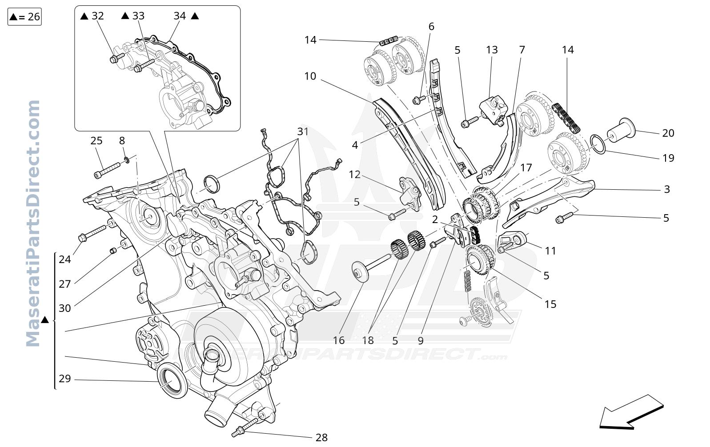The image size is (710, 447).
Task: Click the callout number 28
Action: point(321,438)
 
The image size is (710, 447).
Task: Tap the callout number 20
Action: point(668,133)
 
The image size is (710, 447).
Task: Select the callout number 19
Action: point(668,158)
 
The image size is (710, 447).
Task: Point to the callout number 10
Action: point(310,76)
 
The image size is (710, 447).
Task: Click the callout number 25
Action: point(96,141)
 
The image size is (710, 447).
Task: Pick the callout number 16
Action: point(338,340)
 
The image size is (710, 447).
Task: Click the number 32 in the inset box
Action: point(98,16)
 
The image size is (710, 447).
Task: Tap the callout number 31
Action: point(303,132)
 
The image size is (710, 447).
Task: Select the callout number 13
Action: point(492,50)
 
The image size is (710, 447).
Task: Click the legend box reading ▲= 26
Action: point(25,17)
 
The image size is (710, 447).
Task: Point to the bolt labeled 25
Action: point(107,171)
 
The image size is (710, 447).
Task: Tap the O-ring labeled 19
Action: point(598,144)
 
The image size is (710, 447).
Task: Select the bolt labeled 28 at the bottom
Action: point(245,427)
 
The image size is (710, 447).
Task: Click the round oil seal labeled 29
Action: point(172,381)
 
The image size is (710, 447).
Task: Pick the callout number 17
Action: point(526,168)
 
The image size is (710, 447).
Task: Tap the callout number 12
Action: point(355,175)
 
